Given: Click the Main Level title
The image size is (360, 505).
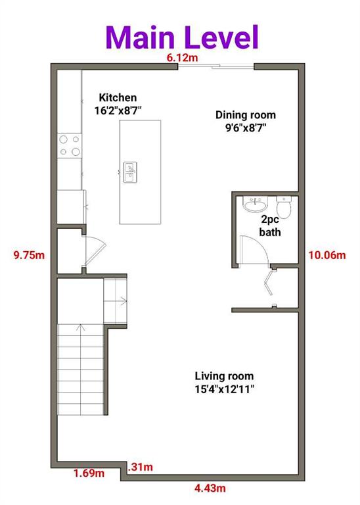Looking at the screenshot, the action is (x=182, y=37).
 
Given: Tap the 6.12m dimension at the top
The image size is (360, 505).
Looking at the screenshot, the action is (x=182, y=58).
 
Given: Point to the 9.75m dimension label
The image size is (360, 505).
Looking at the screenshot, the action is (x=29, y=255).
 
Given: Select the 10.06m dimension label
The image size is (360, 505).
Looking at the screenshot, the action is (x=327, y=255).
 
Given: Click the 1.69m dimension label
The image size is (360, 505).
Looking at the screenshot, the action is (x=89, y=473).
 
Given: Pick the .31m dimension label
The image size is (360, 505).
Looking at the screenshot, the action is (x=140, y=467).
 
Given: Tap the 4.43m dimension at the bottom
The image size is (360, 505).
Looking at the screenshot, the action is (x=210, y=489).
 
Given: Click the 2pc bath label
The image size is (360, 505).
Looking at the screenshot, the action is (x=270, y=226).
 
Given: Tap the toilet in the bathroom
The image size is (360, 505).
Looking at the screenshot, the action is (x=284, y=206).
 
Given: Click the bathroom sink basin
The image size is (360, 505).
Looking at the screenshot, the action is (x=255, y=204).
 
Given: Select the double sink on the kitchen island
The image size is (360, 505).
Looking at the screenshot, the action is (x=130, y=172).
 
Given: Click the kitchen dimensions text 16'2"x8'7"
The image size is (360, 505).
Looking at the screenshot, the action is (x=118, y=110).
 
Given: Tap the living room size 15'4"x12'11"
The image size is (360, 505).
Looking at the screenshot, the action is (x=224, y=389).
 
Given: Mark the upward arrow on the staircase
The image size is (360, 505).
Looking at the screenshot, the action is (x=80, y=327).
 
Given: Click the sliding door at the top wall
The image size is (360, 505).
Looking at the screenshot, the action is (x=216, y=66).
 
